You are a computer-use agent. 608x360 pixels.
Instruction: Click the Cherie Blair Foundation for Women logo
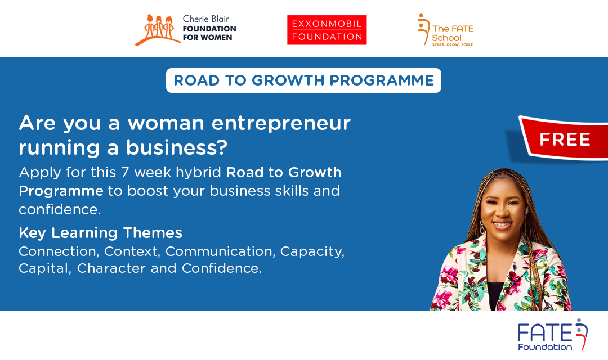click(x=185, y=29)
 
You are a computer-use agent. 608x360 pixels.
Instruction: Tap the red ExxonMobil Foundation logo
click(x=327, y=30)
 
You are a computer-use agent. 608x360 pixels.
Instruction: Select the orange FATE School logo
click(x=445, y=30)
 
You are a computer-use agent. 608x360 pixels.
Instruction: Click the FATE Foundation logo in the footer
click(x=553, y=335)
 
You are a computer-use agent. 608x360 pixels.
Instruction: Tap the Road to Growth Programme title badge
click(x=303, y=80)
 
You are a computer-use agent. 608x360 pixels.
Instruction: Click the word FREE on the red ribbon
click(x=565, y=139)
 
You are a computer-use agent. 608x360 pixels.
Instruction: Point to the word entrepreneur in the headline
click(x=281, y=124)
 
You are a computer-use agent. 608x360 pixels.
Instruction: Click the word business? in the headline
click(x=177, y=147)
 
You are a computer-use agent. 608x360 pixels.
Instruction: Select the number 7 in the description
click(x=125, y=173)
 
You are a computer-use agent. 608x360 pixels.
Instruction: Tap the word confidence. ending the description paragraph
click(x=60, y=209)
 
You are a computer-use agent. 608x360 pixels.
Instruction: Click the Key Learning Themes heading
click(x=100, y=233)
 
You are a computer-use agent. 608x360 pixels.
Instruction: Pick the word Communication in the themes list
click(x=220, y=251)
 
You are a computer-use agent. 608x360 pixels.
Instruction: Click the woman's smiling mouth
click(x=502, y=224)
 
